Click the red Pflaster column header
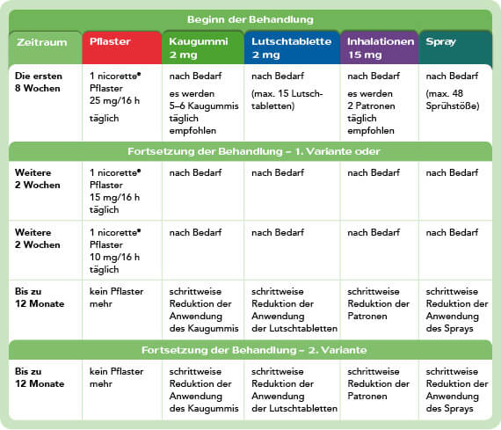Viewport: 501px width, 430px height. pyautogui.click(x=120, y=47)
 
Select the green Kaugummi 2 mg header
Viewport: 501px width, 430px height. pyautogui.click(x=201, y=47)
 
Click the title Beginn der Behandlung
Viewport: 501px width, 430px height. pyautogui.click(x=250, y=19)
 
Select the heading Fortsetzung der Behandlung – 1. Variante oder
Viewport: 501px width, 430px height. pyautogui.click(x=250, y=149)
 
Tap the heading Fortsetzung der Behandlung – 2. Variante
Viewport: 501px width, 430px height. pyautogui.click(x=250, y=349)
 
